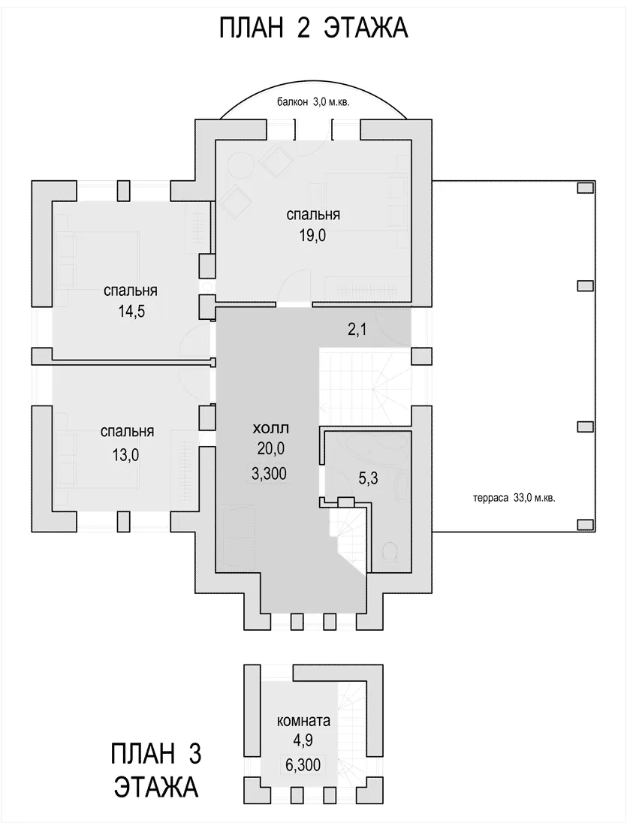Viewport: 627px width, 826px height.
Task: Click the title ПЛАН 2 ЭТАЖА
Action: [313, 28]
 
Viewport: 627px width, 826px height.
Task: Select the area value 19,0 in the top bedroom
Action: [313, 234]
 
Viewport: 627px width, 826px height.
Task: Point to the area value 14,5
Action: [131, 311]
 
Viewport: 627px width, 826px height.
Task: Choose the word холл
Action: [271, 428]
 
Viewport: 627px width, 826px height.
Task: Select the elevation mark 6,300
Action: [303, 766]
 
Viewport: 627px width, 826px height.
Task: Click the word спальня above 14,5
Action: [131, 291]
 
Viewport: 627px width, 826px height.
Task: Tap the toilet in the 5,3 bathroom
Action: [392, 552]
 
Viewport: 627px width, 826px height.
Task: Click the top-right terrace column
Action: [584, 188]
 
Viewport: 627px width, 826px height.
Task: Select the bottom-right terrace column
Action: [584, 523]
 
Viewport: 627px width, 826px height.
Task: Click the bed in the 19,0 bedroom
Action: [366, 200]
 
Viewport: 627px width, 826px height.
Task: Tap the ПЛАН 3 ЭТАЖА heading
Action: [156, 770]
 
